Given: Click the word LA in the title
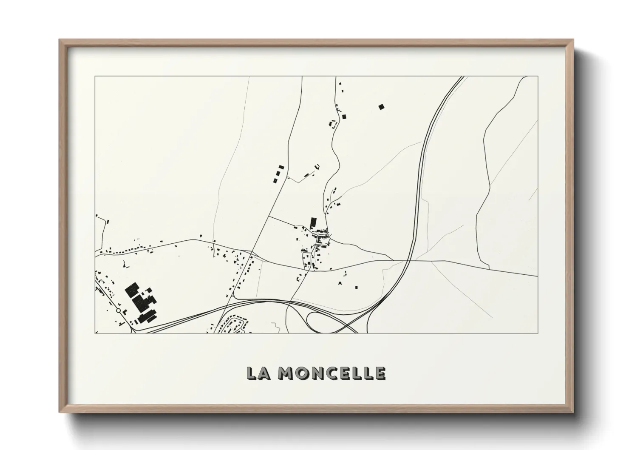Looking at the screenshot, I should [260, 373].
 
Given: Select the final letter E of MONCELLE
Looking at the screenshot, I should [380, 373].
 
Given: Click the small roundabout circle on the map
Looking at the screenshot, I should [118, 311].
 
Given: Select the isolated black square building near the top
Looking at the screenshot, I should [381, 107].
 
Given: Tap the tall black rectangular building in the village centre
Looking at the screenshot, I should [314, 222].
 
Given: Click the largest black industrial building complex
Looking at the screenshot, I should [141, 300].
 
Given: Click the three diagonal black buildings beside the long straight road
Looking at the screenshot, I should [278, 174].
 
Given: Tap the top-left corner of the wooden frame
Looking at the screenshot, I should [60, 40].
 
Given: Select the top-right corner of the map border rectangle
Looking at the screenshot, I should [538, 77].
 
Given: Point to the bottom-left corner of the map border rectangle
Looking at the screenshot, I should [95, 333].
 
